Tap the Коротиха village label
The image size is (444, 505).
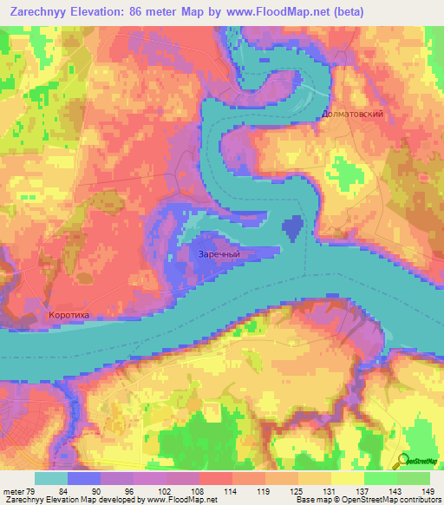69,316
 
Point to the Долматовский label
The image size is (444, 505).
351,114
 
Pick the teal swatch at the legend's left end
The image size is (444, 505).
50,478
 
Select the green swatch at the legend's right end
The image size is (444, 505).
414,478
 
